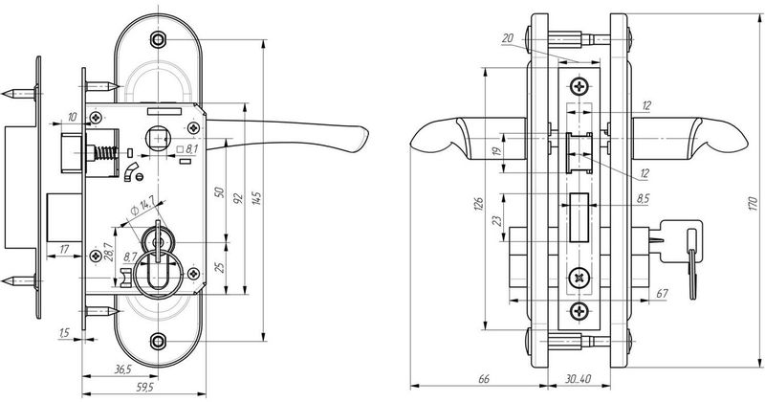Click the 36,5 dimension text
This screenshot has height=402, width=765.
(x=120, y=369)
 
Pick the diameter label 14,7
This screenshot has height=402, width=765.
(x=145, y=206)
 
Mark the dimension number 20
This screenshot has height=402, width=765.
(x=508, y=38)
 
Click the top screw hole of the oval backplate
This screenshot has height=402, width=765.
(x=159, y=39)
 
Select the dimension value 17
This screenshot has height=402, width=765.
(x=63, y=250)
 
